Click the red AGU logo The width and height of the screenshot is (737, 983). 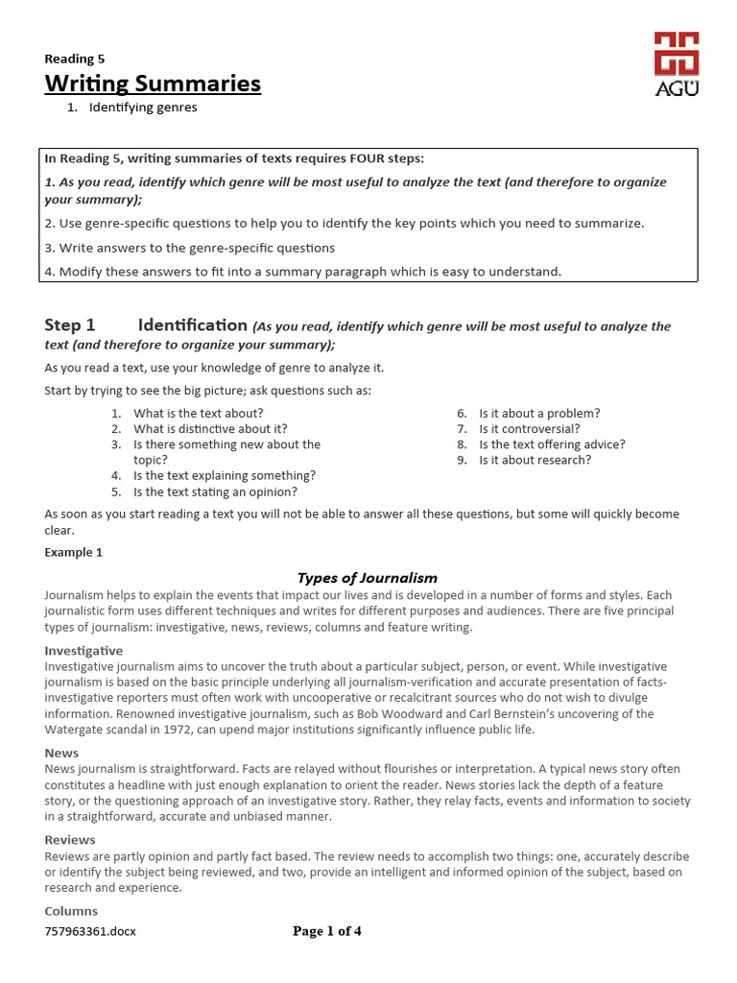click(x=676, y=61)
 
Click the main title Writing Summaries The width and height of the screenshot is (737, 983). click(x=153, y=84)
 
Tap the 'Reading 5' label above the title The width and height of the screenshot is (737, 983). click(x=75, y=59)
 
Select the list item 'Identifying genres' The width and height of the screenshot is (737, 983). click(x=143, y=108)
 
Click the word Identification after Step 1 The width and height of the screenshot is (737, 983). click(x=192, y=325)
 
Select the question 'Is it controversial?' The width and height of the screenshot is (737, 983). click(x=530, y=429)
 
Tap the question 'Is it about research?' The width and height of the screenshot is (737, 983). click(x=535, y=460)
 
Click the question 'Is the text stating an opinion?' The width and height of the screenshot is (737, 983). click(x=215, y=491)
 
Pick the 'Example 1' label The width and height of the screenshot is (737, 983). click(x=74, y=553)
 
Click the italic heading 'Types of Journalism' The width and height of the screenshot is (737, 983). click(x=368, y=578)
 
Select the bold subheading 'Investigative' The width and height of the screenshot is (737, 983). click(x=84, y=651)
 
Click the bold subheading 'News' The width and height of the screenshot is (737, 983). click(x=61, y=754)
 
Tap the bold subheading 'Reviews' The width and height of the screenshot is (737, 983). click(x=70, y=840)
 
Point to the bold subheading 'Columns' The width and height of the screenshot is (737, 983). click(x=71, y=911)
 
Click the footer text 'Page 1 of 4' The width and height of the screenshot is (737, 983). click(x=327, y=931)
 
